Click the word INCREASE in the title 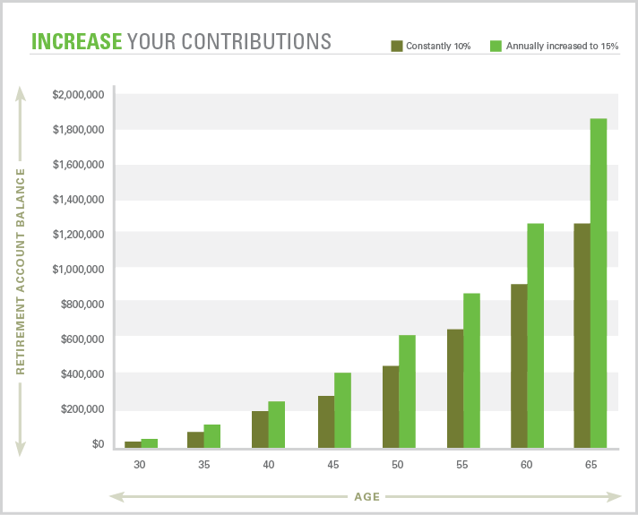click(76, 41)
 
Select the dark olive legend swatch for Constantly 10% click(395, 45)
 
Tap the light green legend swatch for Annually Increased click(496, 45)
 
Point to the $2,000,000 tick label click(78, 95)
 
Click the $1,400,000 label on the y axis click(78, 199)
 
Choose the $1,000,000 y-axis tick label click(78, 269)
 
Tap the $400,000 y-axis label click(82, 373)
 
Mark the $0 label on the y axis click(97, 443)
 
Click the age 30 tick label click(140, 464)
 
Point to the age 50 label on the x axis click(398, 464)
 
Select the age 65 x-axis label click(591, 464)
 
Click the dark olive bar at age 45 click(326, 421)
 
